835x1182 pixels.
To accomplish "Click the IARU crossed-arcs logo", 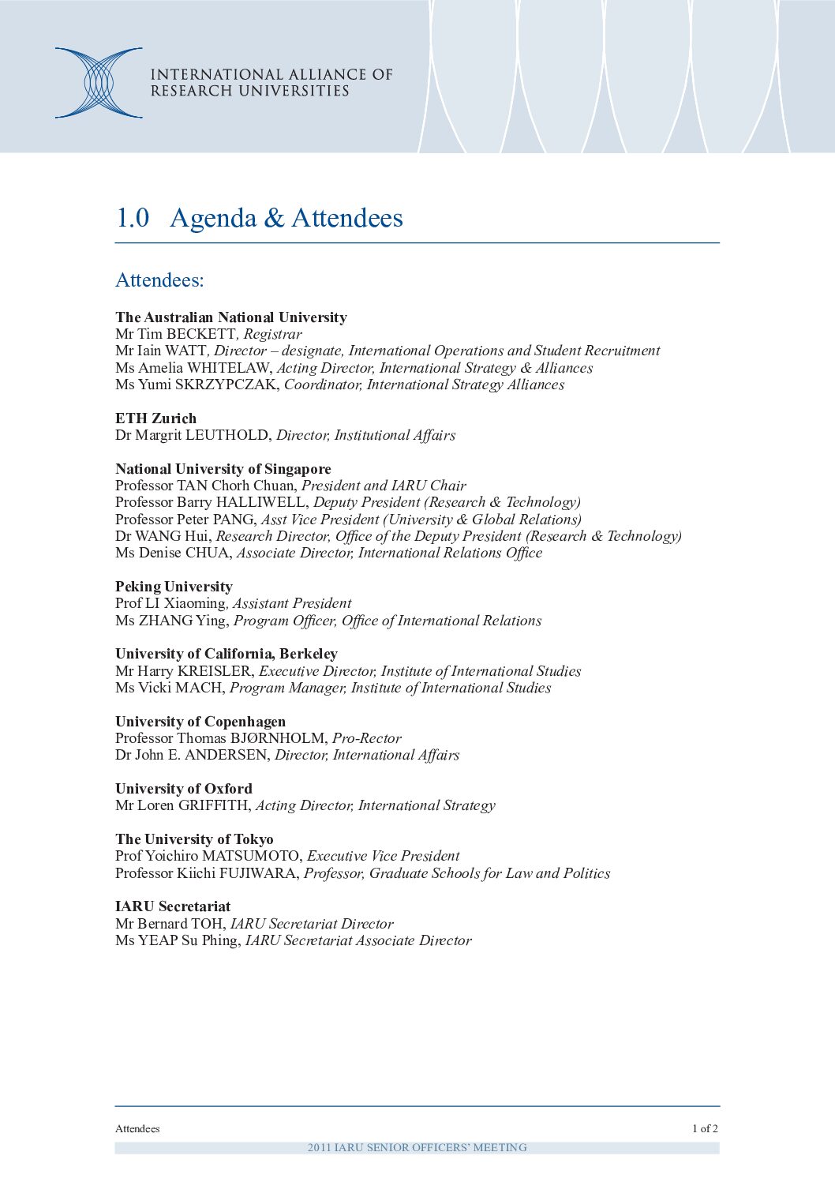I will (x=99, y=83).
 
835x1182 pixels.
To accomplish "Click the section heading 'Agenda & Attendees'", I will (x=286, y=218).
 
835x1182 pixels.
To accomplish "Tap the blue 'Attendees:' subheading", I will (x=159, y=280).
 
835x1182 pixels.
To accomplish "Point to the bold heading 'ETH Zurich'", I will (x=155, y=418).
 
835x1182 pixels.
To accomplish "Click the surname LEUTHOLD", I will (x=228, y=435).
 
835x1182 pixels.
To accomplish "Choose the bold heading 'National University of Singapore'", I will (x=223, y=469).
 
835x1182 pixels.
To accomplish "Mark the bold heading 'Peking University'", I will (x=174, y=587).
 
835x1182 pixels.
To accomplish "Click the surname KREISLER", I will (x=214, y=671).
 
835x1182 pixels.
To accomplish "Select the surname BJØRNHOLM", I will (x=277, y=738).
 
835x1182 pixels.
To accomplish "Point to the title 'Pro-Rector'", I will (x=366, y=738).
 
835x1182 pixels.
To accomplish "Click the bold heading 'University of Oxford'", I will (x=184, y=789).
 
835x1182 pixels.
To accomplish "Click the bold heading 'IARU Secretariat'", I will (x=173, y=906).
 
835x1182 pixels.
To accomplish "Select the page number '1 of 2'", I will (x=705, y=1128).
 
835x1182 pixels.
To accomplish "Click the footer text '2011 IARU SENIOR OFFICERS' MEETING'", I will (x=417, y=1147).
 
